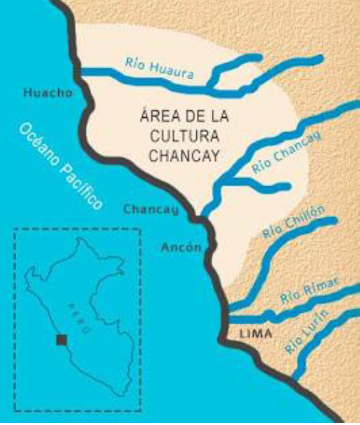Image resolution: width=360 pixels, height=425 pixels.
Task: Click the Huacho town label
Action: (x=48, y=92)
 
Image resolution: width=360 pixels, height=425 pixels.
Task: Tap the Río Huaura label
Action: (x=160, y=68)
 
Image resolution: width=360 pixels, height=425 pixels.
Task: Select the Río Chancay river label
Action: (x=286, y=154)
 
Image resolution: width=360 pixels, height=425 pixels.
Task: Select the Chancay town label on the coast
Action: (x=151, y=209)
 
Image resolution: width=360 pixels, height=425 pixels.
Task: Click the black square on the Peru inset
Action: (x=61, y=340)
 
